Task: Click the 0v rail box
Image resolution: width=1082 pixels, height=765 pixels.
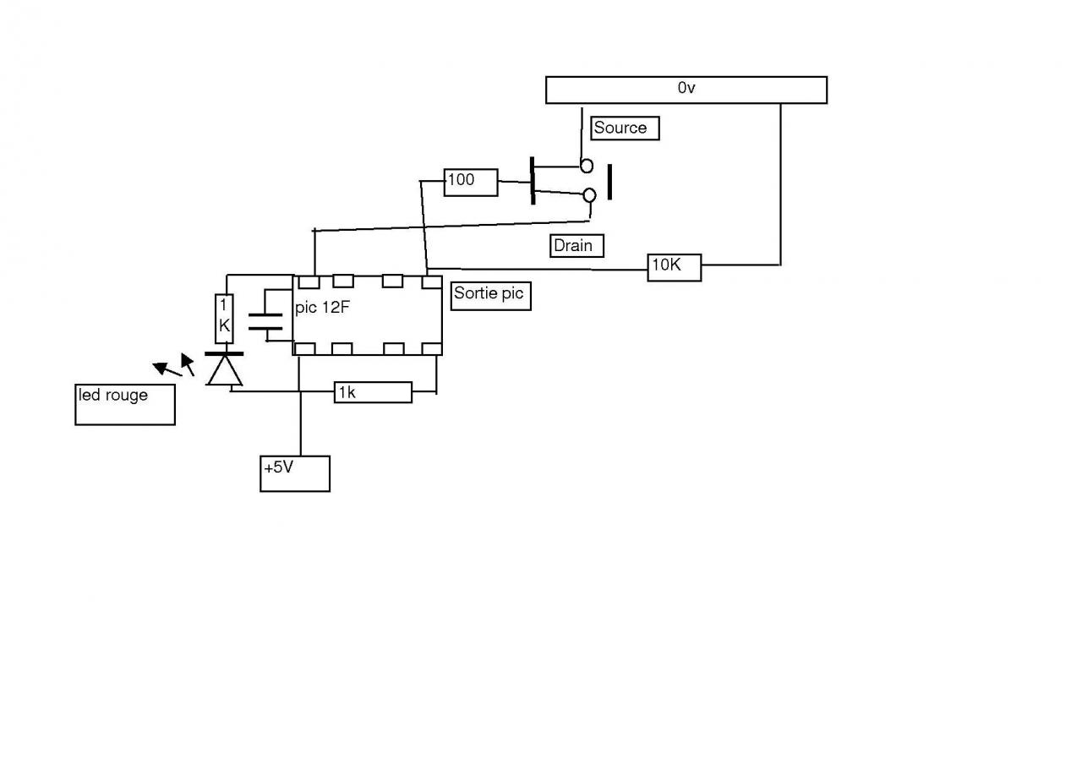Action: (686, 90)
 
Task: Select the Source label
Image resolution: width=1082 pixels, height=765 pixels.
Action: (625, 128)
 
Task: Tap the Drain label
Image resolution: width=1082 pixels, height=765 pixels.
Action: (577, 246)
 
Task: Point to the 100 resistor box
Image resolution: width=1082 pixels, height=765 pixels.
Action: (471, 182)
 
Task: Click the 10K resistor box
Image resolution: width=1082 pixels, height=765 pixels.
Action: (675, 267)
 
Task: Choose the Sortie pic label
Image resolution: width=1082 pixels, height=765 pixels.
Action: (491, 296)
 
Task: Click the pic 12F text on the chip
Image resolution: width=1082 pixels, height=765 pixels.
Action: (322, 308)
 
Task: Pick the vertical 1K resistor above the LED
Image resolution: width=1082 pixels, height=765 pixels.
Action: (224, 318)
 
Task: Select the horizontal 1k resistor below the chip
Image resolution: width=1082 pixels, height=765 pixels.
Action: (373, 392)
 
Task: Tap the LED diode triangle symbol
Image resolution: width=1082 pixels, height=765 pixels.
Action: (225, 370)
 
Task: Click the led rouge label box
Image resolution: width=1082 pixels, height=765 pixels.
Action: (125, 404)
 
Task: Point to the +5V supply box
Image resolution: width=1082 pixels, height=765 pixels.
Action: (294, 473)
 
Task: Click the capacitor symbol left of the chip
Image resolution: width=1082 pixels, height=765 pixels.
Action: (265, 320)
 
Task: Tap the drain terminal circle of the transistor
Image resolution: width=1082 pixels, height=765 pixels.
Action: (589, 196)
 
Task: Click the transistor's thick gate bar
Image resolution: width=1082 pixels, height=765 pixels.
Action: (533, 180)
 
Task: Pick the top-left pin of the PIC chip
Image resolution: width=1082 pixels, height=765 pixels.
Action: (308, 281)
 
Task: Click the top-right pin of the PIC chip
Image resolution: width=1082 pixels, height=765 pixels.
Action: (432, 281)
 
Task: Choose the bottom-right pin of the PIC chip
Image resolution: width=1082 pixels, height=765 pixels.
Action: (432, 349)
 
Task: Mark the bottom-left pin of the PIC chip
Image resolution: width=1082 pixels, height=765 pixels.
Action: (305, 349)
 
